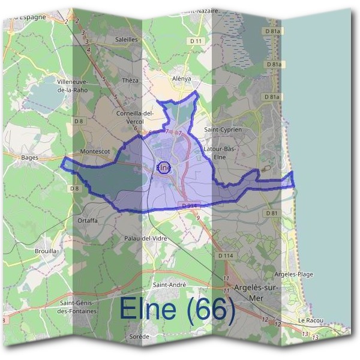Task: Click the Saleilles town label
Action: pos(126,39)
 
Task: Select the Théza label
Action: pos(130,80)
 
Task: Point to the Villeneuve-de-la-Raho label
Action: pos(73,85)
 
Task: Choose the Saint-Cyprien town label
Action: pos(223,129)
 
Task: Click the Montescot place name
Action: pos(95,152)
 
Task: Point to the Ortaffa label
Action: pos(87,220)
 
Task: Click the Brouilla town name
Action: pos(46,251)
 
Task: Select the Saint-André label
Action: pos(170,284)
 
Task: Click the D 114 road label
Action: pos(226,256)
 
